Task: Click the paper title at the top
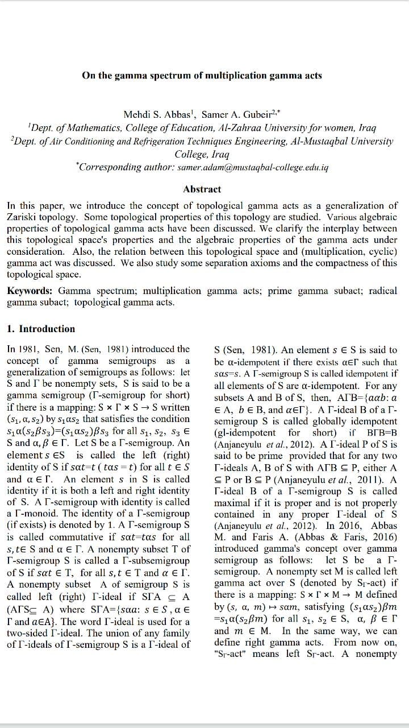202,75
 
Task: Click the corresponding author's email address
253,168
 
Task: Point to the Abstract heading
202,189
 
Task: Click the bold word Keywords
30,291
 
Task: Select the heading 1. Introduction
41,329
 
